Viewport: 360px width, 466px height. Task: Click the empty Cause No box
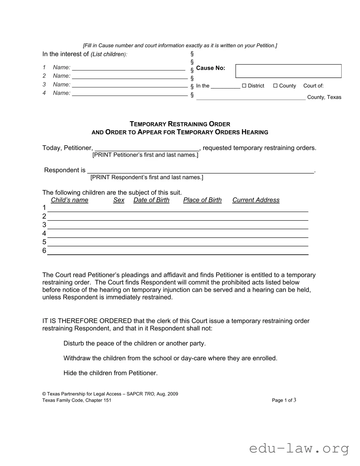coord(288,71)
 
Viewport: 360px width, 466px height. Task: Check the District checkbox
coord(244,86)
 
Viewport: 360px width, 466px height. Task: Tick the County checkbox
coord(275,86)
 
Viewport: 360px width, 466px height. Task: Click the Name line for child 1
coord(128,68)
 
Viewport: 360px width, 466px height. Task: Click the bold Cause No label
coord(210,68)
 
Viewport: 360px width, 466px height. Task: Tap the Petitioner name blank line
coord(147,148)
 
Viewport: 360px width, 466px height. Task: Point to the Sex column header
coord(119,200)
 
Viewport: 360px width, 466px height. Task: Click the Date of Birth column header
coord(151,200)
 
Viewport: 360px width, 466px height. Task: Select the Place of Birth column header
coord(202,200)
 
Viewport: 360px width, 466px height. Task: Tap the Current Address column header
coord(256,200)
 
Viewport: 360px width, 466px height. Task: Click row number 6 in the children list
coord(44,251)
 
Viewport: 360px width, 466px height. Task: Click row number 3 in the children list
coord(44,225)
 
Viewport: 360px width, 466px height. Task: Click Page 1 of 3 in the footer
coord(284,400)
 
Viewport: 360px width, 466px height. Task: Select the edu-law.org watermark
coord(299,449)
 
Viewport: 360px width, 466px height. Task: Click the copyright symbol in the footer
coord(44,394)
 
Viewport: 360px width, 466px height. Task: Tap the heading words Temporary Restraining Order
coord(180,124)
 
